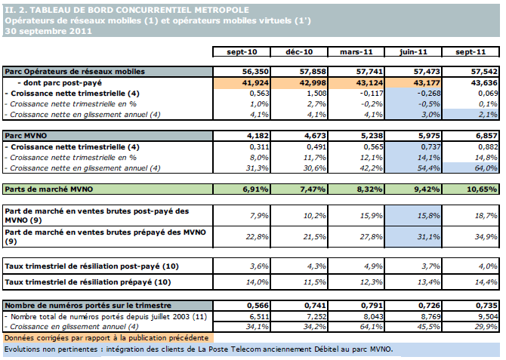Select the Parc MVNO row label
pos(20,135)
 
